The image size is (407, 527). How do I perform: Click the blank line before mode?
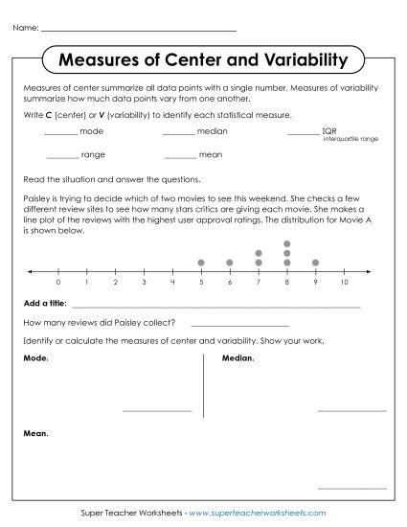tap(61, 132)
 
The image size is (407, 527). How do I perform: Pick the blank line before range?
tap(61, 156)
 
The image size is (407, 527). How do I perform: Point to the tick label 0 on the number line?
tap(58, 284)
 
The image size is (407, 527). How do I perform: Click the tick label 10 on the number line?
tap(344, 284)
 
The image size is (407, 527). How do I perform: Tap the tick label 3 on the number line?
tap(144, 284)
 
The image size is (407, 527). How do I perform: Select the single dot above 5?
tap(201, 262)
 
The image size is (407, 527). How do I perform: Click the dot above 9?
tap(315, 262)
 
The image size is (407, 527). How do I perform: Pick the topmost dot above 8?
tap(286, 243)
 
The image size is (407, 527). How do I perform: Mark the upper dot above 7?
tap(259, 253)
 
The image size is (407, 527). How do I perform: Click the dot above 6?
tap(230, 262)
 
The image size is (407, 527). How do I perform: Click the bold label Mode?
tap(34, 358)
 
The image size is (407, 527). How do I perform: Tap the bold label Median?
tap(237, 358)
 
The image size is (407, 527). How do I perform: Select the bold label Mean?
tap(34, 433)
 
